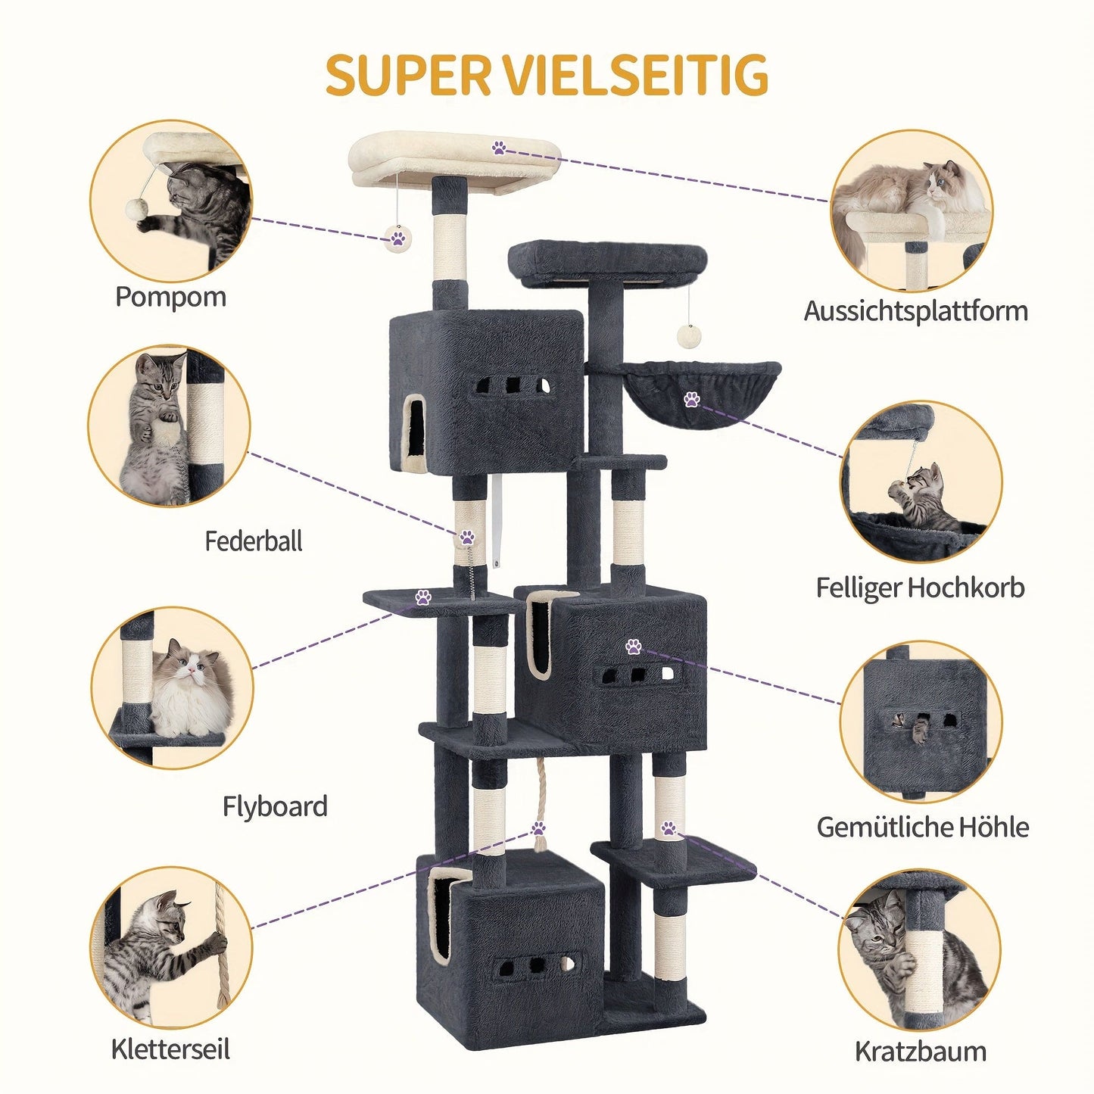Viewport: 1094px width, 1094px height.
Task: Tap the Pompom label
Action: (x=170, y=296)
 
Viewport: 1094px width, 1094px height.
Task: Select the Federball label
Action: (x=254, y=541)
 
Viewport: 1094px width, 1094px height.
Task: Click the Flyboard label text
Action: (x=275, y=806)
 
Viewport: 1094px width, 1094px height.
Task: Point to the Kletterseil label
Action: (x=170, y=1049)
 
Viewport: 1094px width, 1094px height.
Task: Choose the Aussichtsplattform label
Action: (x=915, y=310)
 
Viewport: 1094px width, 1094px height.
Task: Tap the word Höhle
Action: (x=992, y=827)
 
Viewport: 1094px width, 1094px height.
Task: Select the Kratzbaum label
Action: (x=921, y=1051)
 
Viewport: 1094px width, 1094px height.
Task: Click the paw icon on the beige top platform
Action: (x=499, y=148)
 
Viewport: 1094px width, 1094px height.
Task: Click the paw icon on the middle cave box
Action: (x=633, y=646)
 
